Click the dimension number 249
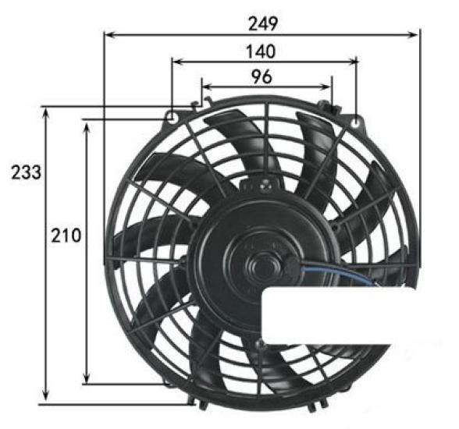tap(262, 23)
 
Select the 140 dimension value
tap(262, 51)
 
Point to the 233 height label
tap(26, 172)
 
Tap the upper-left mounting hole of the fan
tap(171, 117)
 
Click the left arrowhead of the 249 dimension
tap(109, 34)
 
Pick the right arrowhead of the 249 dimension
tap(415, 34)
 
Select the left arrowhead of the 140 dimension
tap(176, 60)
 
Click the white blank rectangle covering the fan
tap(359, 316)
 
